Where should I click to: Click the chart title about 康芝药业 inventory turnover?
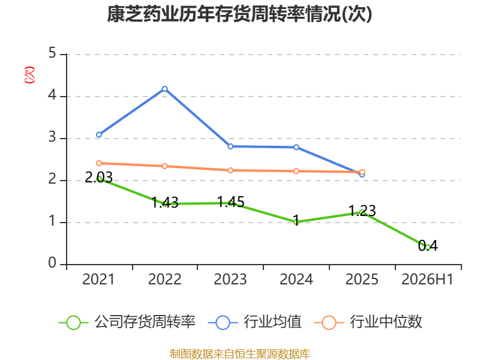pyautogui.click(x=239, y=14)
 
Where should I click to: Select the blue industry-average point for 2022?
pyautogui.click(x=164, y=89)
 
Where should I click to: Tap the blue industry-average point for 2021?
pyautogui.click(x=99, y=134)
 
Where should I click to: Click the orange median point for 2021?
pyautogui.click(x=99, y=163)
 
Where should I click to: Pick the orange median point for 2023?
pyautogui.click(x=230, y=170)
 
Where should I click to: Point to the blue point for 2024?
pyautogui.click(x=296, y=147)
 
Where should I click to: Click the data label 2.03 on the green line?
pyautogui.click(x=98, y=177)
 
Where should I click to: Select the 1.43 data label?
pyautogui.click(x=164, y=202)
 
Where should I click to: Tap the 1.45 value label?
pyautogui.click(x=230, y=202)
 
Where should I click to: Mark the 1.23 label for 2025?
pyautogui.click(x=362, y=211)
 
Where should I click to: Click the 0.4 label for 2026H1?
pyautogui.click(x=428, y=245)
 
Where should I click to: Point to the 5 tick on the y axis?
pyautogui.click(x=52, y=53)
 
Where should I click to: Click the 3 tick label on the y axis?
pyautogui.click(x=52, y=137)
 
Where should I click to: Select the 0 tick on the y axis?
pyautogui.click(x=52, y=263)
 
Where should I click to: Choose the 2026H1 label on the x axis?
pyautogui.click(x=427, y=280)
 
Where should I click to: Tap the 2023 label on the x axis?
pyautogui.click(x=230, y=280)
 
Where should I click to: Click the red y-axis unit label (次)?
pyautogui.click(x=29, y=75)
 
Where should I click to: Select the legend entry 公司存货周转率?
pyautogui.click(x=127, y=322)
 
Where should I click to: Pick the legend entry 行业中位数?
pyautogui.click(x=368, y=322)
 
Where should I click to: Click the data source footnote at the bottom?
pyautogui.click(x=240, y=354)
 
